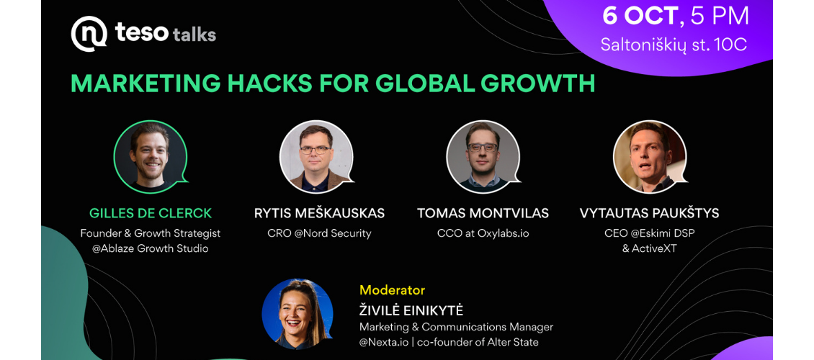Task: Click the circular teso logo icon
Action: coord(89,35)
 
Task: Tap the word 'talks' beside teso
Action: coord(194,35)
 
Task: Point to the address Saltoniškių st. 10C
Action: coord(674,45)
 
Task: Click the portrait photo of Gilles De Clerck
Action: coord(151,157)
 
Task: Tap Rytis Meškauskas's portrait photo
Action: coord(316,157)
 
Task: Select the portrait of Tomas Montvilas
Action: coord(483,157)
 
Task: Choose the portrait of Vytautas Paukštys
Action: coord(650,157)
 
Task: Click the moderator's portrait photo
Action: coord(298,313)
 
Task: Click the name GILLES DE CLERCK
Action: coord(151,213)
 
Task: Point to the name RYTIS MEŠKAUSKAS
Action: coord(319,213)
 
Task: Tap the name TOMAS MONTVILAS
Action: coord(483,213)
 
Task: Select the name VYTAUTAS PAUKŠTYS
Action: coord(650,213)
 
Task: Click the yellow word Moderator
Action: coord(392,290)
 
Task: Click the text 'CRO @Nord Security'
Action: coord(319,233)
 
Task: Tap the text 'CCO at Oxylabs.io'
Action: coord(483,233)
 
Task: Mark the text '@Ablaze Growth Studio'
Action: coord(151,248)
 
